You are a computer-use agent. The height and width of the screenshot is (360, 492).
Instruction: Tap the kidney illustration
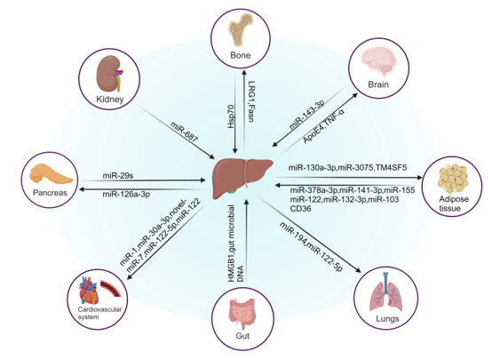pos(108,75)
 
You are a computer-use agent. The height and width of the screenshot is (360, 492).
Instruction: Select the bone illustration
pos(241,32)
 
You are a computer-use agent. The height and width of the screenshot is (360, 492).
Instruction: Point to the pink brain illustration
pos(378,62)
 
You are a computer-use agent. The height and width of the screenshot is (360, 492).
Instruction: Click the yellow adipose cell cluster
pos(453,180)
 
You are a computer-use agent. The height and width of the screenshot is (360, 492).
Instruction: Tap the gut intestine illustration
pos(242,314)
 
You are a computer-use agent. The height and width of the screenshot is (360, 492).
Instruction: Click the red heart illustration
pos(89,291)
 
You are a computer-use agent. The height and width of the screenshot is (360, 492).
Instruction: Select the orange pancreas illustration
pos(51,173)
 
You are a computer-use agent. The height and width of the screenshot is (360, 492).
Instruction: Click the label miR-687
pos(184,132)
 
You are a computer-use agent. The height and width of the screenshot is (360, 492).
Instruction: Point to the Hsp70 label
pos(231,116)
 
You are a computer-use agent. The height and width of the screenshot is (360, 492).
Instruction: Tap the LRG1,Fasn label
pos(251,101)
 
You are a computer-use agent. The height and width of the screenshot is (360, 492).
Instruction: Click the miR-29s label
pos(118,175)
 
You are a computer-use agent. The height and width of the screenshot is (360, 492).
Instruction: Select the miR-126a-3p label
pos(126,195)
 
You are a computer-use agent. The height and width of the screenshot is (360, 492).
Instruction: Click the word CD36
pos(300,208)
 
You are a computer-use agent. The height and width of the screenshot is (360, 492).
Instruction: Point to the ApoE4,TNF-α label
pos(324,125)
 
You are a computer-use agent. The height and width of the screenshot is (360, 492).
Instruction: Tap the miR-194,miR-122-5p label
pos(311,246)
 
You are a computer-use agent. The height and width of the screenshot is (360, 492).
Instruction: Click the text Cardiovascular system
pos(99,313)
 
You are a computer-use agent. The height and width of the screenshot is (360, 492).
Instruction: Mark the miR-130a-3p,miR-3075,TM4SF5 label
pos(347,167)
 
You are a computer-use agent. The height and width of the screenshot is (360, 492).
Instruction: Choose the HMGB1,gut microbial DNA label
pos(235,244)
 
